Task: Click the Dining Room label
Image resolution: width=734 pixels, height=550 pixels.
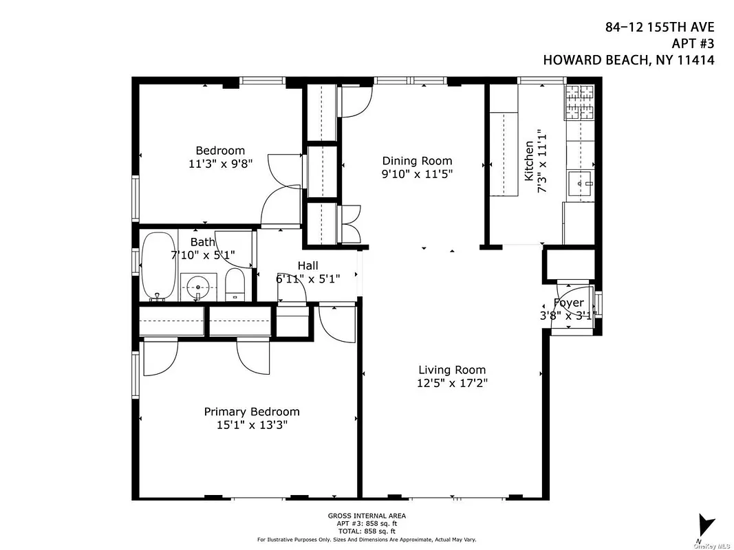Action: tap(417, 161)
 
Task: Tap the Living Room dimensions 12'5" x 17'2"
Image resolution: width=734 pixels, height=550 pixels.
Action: tap(451, 384)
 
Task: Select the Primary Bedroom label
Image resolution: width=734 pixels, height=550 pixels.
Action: tap(252, 412)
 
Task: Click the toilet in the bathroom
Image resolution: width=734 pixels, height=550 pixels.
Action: tap(235, 285)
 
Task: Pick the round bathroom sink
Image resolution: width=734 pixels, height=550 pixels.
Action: tap(198, 286)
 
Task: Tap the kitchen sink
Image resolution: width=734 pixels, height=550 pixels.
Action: tap(579, 184)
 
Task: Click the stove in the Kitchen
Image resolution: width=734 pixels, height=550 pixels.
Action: tap(579, 103)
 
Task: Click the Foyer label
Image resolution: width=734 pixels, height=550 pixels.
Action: tap(568, 303)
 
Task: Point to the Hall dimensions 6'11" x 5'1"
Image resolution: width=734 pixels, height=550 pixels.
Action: tap(307, 279)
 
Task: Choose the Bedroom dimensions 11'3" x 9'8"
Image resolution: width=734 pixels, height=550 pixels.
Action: tap(219, 164)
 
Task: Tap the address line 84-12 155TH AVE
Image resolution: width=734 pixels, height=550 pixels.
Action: tap(659, 27)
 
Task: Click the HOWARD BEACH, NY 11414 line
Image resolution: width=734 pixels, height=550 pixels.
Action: tap(629, 60)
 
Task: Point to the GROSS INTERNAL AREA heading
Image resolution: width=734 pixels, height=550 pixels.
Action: tap(366, 516)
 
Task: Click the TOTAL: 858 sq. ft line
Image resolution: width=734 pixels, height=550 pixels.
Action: tap(366, 531)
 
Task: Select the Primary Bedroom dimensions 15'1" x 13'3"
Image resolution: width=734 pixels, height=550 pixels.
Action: tap(252, 425)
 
